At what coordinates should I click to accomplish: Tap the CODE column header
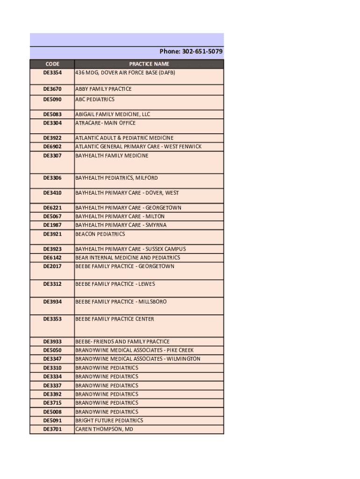[x=52, y=64]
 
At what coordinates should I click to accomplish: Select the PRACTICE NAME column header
[x=149, y=64]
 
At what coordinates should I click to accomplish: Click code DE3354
[x=52, y=73]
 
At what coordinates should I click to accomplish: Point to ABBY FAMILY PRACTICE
[x=103, y=89]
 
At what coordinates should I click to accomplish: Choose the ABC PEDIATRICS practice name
[x=95, y=99]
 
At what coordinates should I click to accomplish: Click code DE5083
[x=52, y=114]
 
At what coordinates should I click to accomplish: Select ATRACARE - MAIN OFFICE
[x=106, y=123]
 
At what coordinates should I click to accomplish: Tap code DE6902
[x=52, y=147]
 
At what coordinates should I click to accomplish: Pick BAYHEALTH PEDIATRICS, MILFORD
[x=116, y=178]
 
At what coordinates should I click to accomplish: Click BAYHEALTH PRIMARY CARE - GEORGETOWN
[x=128, y=208]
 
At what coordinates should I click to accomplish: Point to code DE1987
[x=52, y=225]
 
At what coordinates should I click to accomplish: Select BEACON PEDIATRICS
[x=100, y=234]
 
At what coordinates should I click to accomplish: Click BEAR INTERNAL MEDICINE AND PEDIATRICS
[x=128, y=258]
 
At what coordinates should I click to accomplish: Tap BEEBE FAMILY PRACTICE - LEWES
[x=115, y=284]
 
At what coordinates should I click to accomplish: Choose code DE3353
[x=52, y=319]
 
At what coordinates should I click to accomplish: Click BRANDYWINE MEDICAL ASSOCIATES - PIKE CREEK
[x=134, y=350]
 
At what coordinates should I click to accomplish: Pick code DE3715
[x=52, y=403]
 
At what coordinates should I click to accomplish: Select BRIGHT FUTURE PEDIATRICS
[x=109, y=421]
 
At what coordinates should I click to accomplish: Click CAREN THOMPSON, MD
[x=104, y=429]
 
